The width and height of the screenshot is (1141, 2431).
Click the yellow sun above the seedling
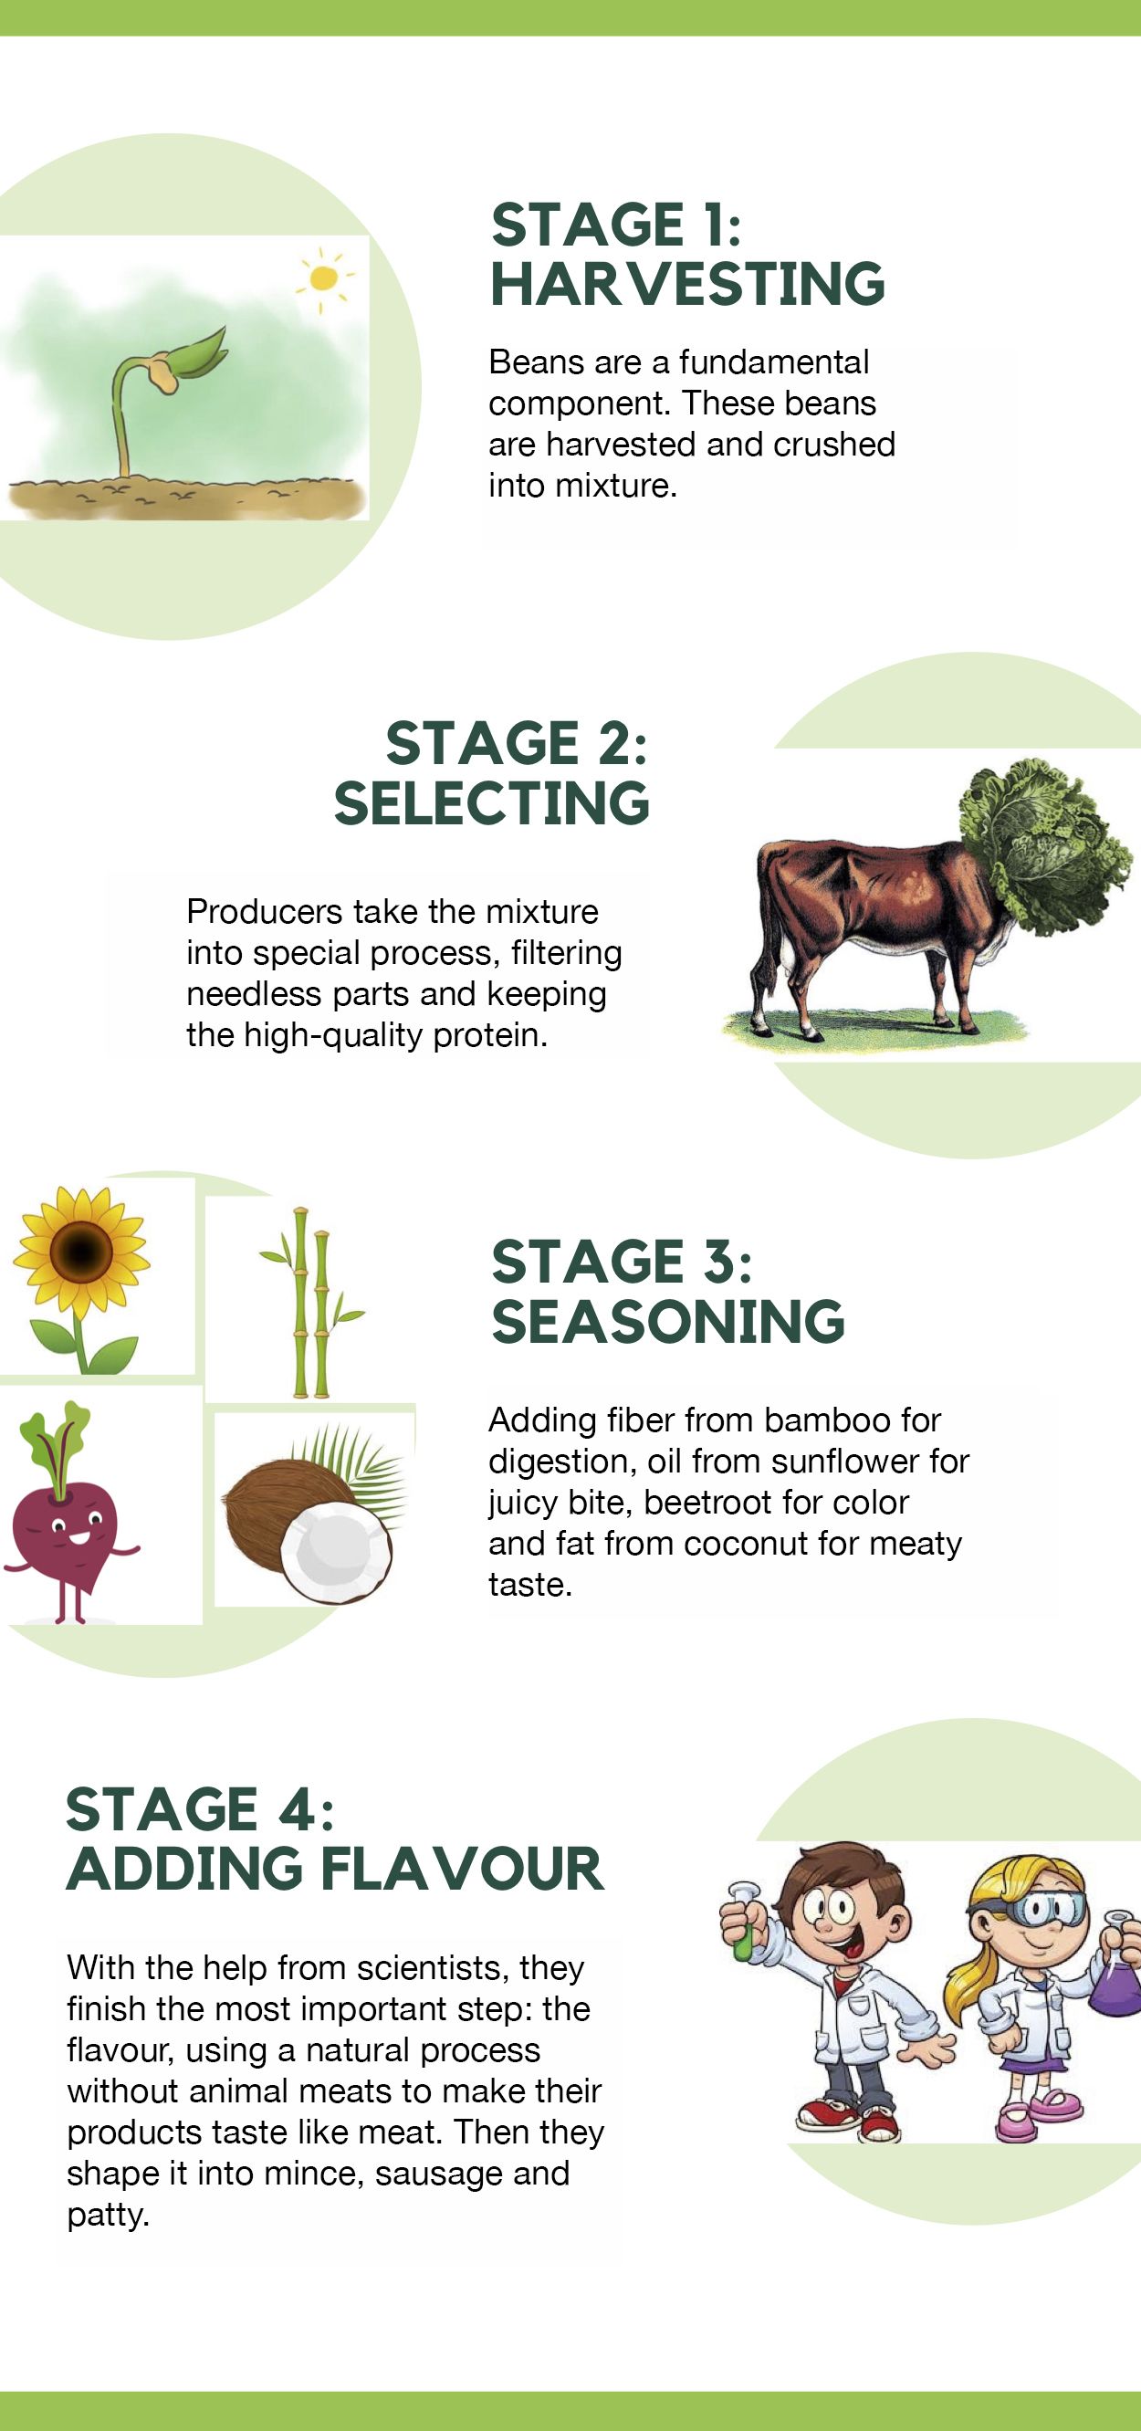tap(323, 278)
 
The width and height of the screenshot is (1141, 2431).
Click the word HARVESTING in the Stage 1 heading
tap(688, 284)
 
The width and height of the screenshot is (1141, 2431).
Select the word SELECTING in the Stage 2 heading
tap(492, 803)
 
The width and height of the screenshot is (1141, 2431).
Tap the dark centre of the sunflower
tap(80, 1252)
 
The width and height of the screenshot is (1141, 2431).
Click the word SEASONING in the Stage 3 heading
tap(668, 1321)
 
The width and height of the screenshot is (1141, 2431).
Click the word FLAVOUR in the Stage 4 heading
tap(462, 1869)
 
